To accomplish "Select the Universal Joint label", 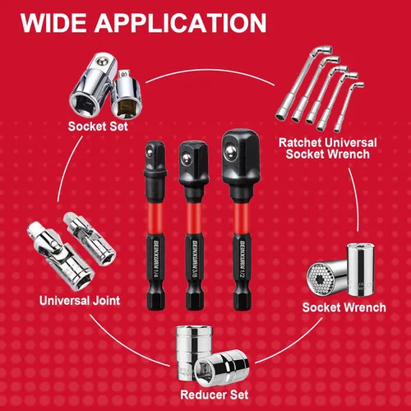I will pos(79,301).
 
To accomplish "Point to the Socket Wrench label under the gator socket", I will pos(344,307).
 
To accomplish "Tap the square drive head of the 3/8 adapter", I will pos(190,156).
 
